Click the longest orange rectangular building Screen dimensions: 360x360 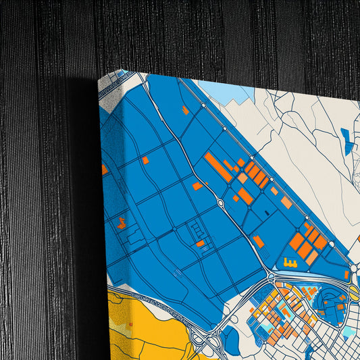coord(217,167)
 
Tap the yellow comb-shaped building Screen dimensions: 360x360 coord(290,262)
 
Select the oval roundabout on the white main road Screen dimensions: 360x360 coord(221,202)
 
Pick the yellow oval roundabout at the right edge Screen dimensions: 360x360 coord(354,292)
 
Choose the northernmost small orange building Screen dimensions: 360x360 coord(185,109)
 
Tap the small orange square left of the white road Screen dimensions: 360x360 coord(145,160)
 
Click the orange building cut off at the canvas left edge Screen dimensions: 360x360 coord(105,169)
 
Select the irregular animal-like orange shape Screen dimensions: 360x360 coord(122,223)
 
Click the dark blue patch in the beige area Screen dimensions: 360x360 coord(346,142)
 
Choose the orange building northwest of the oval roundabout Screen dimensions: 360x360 coord(197,186)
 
